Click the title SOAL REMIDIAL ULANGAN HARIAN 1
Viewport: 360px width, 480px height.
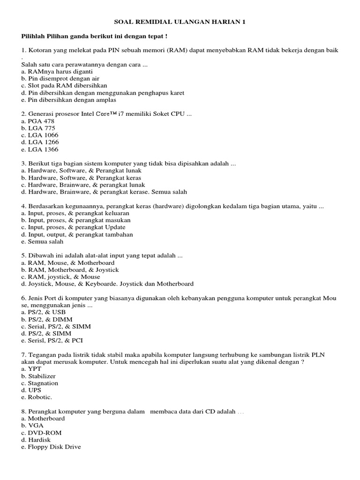click(180, 22)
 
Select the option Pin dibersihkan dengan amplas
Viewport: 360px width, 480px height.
click(69, 100)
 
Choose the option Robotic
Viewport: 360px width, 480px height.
click(37, 397)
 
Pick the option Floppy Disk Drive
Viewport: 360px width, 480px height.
click(51, 447)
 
